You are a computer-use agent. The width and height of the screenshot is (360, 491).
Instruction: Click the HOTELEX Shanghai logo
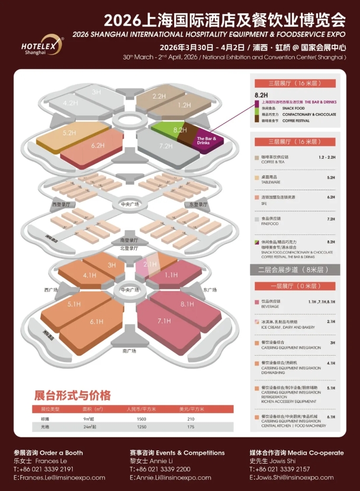click(x=42, y=44)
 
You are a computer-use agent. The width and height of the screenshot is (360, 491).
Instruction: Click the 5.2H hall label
click(x=69, y=133)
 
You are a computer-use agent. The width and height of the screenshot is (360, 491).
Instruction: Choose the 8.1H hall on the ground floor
click(x=187, y=304)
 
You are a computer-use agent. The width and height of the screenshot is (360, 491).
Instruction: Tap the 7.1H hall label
click(x=164, y=321)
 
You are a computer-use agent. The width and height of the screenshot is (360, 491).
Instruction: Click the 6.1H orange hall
click(x=96, y=322)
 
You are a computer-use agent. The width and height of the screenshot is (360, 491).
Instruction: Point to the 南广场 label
click(x=129, y=350)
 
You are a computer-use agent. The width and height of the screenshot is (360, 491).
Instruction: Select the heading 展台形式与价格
click(x=73, y=395)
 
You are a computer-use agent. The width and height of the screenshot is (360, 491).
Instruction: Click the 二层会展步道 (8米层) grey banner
click(x=293, y=270)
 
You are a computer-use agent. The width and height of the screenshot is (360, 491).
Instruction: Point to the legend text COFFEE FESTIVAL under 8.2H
click(x=297, y=121)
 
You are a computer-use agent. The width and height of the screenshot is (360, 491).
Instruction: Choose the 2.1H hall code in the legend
click(x=331, y=321)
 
